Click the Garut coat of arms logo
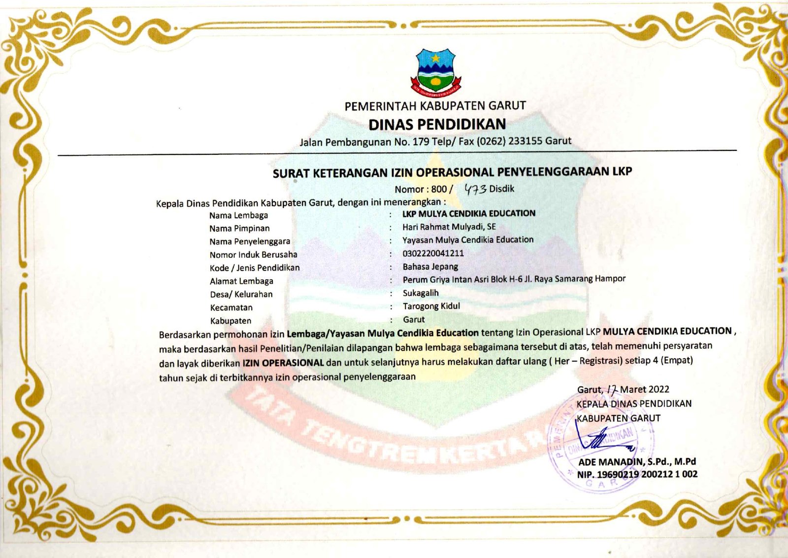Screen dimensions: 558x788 coord(436,71)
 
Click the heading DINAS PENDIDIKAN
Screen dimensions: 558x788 coord(437,124)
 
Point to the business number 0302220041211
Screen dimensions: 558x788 coord(433,253)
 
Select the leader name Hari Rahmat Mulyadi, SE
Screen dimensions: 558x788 coord(449,227)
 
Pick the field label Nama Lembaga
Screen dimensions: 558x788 coord(238,215)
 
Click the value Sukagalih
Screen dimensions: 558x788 coord(421,293)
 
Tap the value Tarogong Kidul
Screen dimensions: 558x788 coord(431,306)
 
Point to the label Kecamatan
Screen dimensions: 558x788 coord(231,308)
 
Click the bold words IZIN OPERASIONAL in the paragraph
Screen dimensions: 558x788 coord(283,363)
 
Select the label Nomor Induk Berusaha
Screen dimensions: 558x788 coord(253,255)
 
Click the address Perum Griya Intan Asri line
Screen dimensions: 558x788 coord(514,279)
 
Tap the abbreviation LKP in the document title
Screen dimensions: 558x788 coord(622,171)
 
